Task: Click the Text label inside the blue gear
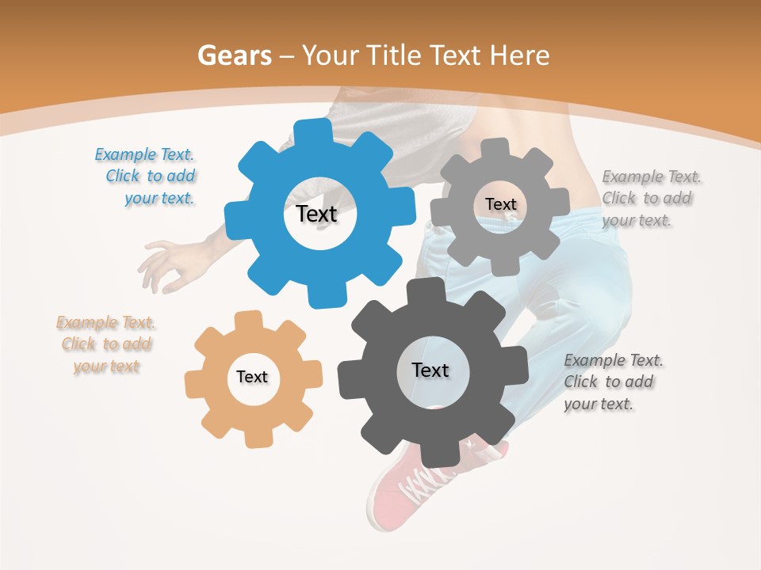click(x=316, y=214)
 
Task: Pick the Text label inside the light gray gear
click(x=500, y=204)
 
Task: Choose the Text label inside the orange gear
click(x=252, y=377)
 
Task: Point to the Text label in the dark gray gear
click(x=430, y=370)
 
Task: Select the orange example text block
click(x=106, y=344)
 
